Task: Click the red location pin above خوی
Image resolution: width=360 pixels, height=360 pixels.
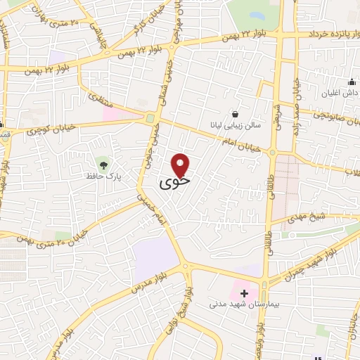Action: pos(181,165)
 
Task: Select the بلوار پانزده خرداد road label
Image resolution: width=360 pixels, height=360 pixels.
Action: pos(326,34)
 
